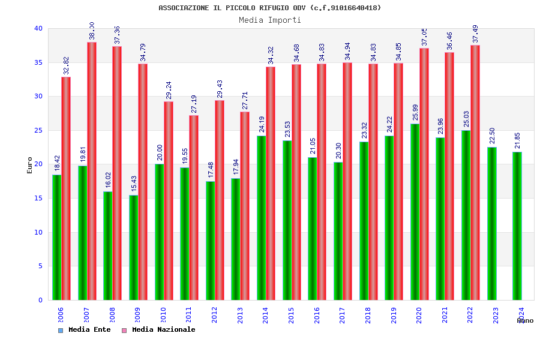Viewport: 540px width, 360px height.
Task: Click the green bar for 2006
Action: coord(57,237)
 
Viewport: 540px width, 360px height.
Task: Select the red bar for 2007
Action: coord(92,171)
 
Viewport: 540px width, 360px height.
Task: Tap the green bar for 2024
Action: coord(517,226)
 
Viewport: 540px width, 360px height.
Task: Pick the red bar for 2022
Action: coord(475,172)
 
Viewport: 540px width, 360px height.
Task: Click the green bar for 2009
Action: coord(133,247)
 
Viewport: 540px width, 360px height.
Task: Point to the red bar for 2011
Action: coord(194,207)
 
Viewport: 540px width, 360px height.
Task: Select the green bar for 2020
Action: coord(415,212)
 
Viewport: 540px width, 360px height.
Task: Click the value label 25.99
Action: coord(416,112)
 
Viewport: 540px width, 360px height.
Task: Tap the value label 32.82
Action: coord(67,65)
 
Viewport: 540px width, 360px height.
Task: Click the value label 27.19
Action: coord(194,104)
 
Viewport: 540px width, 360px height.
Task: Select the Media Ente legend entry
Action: coord(85,330)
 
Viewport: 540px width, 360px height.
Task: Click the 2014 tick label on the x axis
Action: coord(266,315)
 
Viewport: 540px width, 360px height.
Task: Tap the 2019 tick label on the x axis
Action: coord(394,315)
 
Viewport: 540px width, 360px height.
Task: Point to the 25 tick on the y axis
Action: coord(38,130)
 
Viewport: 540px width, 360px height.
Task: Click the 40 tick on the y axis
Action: coord(38,28)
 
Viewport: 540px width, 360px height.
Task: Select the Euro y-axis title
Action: coord(30,165)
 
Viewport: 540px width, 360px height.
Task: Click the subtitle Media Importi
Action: coord(270,20)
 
